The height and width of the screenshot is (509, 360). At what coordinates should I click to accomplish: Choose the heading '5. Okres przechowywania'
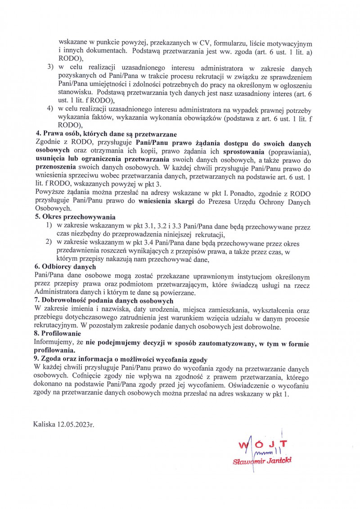pyautogui.click(x=71, y=216)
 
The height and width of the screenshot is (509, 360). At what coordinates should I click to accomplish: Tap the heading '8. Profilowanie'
pyautogui.click(x=58, y=334)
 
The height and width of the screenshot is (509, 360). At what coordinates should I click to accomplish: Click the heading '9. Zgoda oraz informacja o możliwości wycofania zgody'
pyautogui.click(x=121, y=358)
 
